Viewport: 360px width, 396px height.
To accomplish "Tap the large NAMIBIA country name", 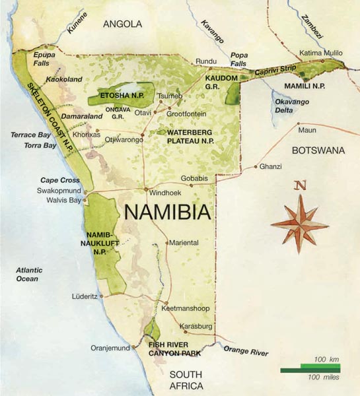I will [x=167, y=213].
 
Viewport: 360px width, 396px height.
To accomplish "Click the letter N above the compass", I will [x=300, y=185].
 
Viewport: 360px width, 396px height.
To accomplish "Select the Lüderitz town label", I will [x=85, y=296].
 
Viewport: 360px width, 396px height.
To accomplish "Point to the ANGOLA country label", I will [x=122, y=24].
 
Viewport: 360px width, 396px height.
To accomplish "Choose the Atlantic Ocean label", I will [x=29, y=274].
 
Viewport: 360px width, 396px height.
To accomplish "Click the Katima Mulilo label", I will [x=321, y=51].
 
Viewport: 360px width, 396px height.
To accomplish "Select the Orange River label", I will [x=246, y=350].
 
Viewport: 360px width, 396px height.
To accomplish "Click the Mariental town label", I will [x=184, y=243].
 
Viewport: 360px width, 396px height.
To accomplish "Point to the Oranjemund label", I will [x=110, y=348].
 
